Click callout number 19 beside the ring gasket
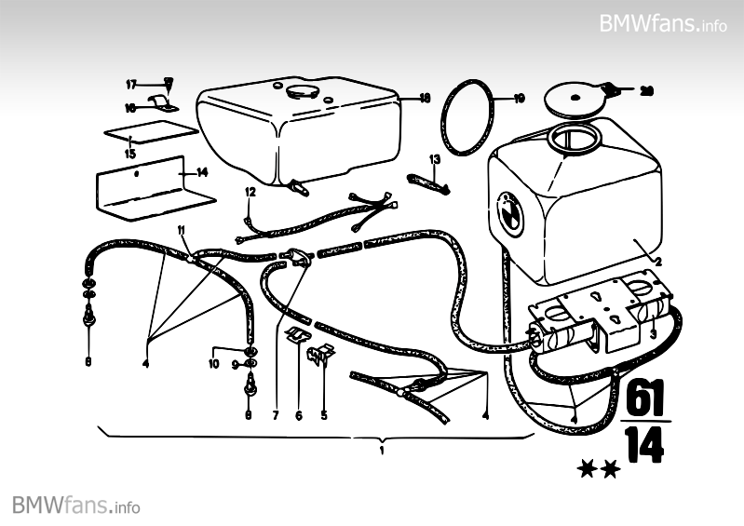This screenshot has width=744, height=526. tap(520, 97)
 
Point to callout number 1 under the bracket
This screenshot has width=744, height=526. tap(382, 450)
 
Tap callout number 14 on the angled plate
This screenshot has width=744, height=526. tap(203, 171)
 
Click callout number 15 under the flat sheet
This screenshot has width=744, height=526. tap(129, 154)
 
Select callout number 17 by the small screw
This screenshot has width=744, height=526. tap(131, 84)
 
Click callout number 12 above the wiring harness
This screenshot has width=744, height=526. tap(250, 191)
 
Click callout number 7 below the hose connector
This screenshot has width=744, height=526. tap(276, 416)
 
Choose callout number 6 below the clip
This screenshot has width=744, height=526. tap(299, 416)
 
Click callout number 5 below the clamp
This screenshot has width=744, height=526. tap(324, 416)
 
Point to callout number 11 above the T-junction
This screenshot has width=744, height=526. tap(183, 230)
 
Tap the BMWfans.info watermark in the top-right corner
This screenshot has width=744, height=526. tap(663, 22)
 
